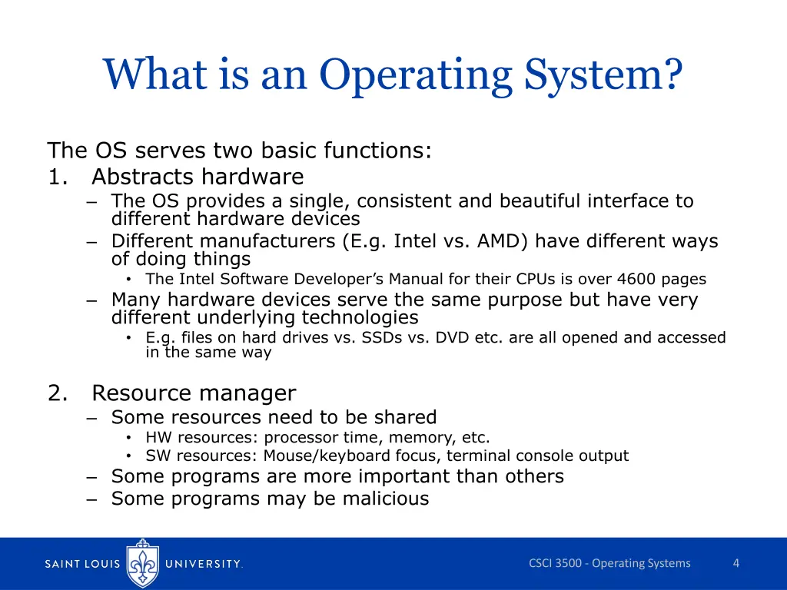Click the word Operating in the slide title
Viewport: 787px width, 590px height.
coord(415,76)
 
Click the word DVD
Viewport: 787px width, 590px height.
coord(452,337)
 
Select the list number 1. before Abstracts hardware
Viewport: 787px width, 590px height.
coord(58,177)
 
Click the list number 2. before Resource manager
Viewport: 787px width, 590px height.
coord(58,393)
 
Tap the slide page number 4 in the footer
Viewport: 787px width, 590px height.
coord(736,563)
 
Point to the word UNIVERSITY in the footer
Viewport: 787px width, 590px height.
coord(204,564)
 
